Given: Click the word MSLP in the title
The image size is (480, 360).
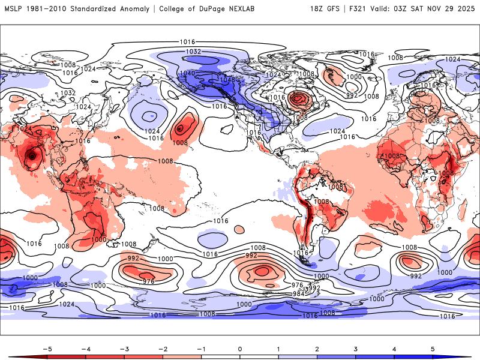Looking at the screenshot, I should tap(14, 9).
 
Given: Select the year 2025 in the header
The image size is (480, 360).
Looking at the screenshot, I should tap(465, 9).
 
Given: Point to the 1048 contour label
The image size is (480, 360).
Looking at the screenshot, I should tap(227, 79).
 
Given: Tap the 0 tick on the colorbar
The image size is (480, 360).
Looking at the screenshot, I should tap(240, 349).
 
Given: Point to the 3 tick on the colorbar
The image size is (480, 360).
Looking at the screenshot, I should tap(356, 349).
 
